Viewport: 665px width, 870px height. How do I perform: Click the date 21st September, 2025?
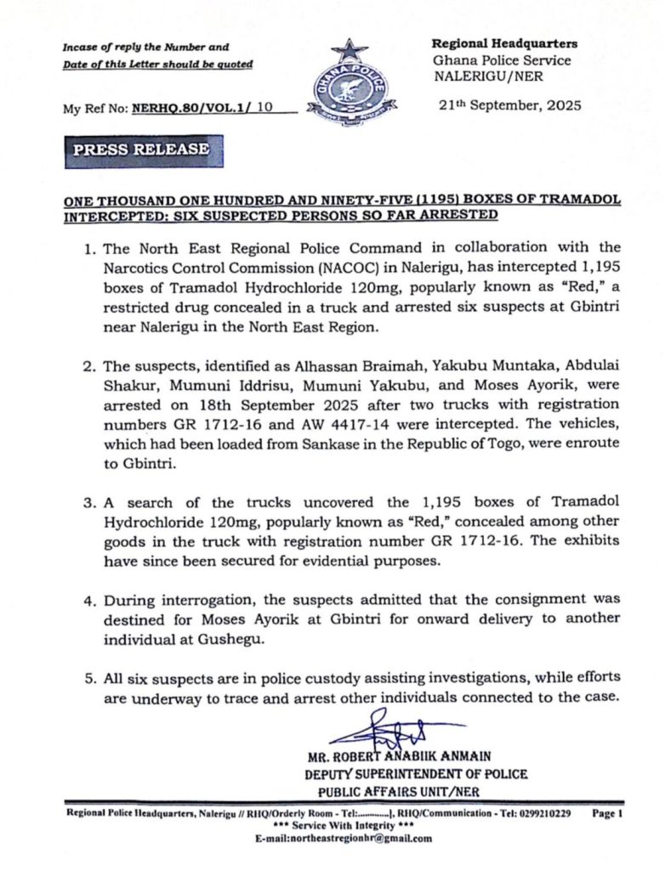coord(507,105)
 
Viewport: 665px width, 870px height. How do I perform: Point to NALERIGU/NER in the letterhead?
coord(484,76)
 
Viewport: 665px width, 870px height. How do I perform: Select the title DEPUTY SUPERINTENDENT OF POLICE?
coord(416,774)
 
